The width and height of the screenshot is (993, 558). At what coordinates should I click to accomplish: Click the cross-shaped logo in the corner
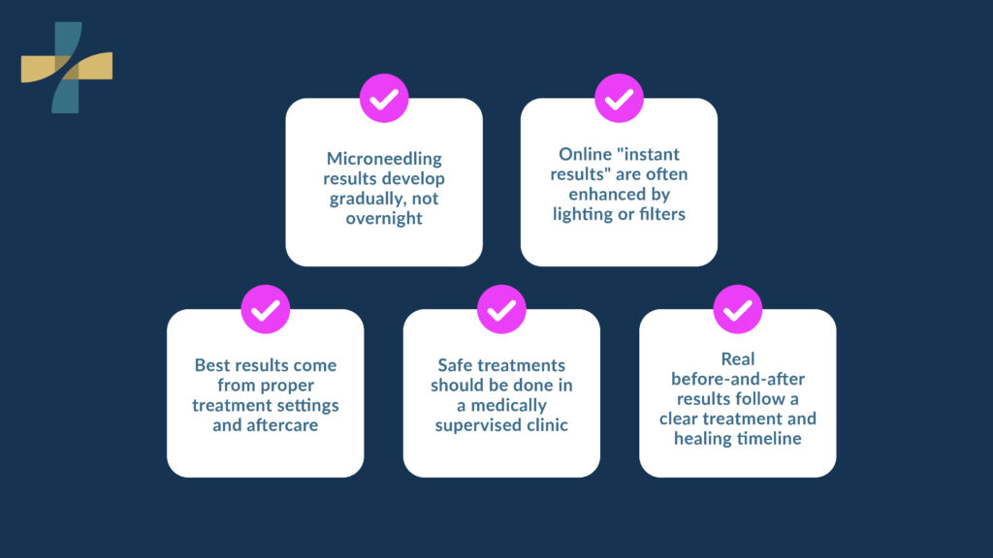(66, 67)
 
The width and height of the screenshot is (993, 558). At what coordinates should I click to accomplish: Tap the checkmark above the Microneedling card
(384, 99)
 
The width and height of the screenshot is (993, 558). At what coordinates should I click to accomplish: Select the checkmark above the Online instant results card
(619, 99)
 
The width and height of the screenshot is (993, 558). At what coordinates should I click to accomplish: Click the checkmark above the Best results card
(265, 310)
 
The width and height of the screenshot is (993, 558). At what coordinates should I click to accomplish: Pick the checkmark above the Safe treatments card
(501, 310)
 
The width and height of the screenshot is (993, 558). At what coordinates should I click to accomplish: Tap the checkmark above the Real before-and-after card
(737, 310)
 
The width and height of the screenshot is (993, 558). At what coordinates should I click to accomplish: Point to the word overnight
(384, 218)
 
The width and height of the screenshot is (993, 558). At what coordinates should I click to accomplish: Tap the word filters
(658, 214)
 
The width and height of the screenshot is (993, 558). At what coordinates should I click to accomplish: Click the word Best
(212, 365)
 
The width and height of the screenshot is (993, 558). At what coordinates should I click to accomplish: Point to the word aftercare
(265, 425)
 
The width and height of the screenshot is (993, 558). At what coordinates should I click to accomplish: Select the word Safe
(457, 365)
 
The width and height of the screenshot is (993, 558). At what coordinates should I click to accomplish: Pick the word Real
(738, 359)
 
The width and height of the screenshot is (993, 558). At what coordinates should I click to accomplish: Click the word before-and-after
(738, 380)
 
